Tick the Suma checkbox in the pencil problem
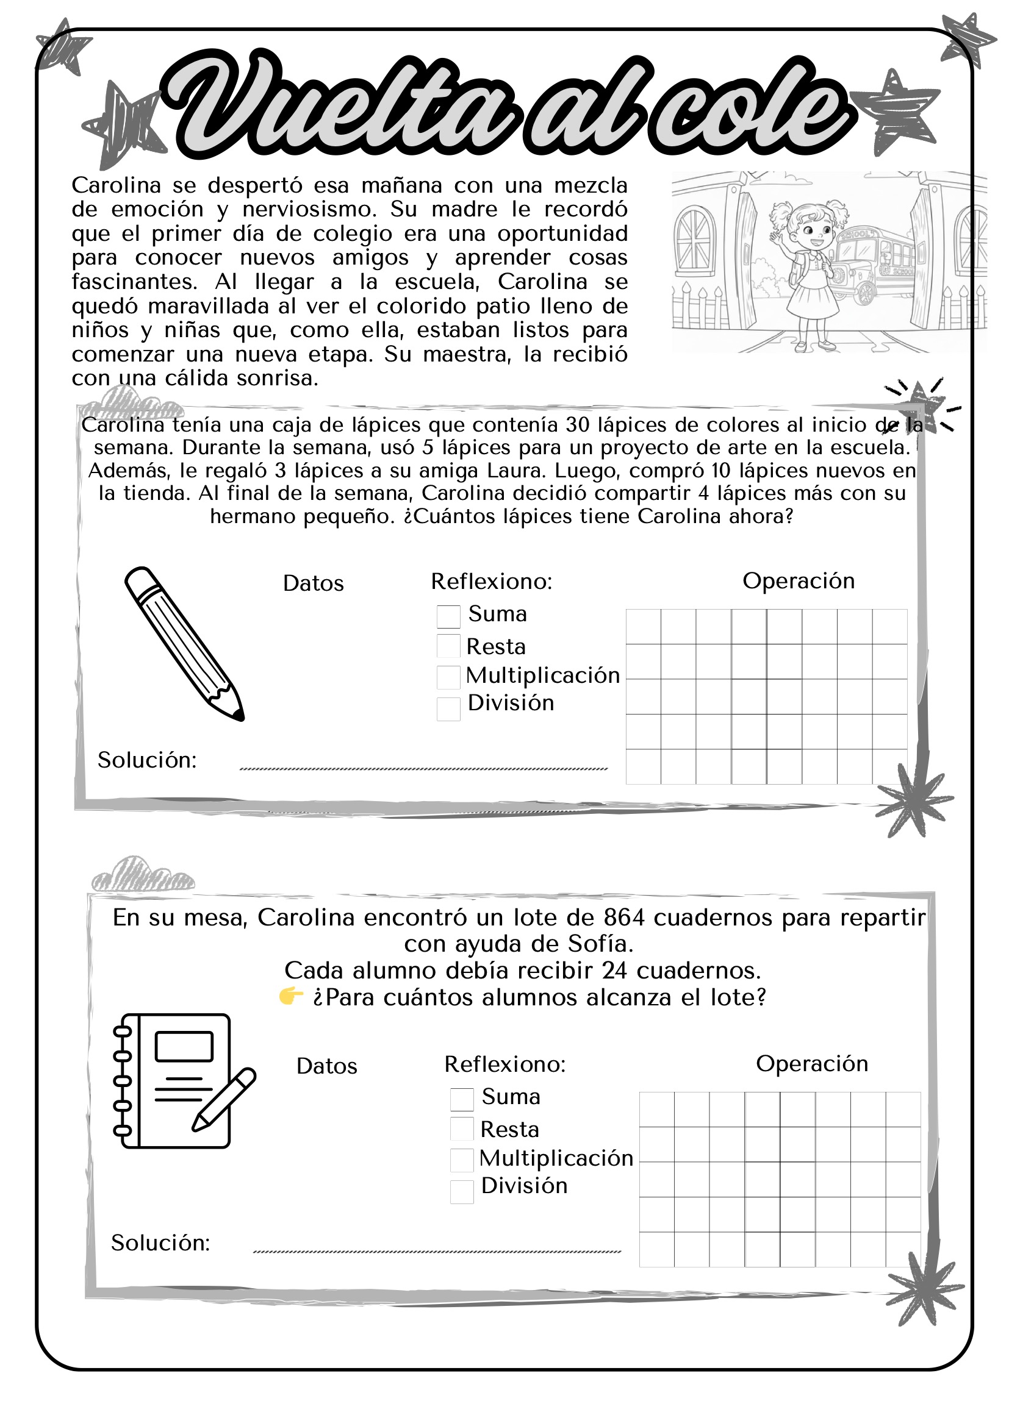point(448,617)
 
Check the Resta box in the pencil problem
point(448,646)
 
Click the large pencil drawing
point(184,643)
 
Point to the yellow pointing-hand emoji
point(290,997)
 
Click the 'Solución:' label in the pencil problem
point(147,760)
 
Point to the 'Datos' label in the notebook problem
point(327,1066)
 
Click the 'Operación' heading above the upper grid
point(799,581)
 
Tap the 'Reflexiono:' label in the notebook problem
point(505,1064)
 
